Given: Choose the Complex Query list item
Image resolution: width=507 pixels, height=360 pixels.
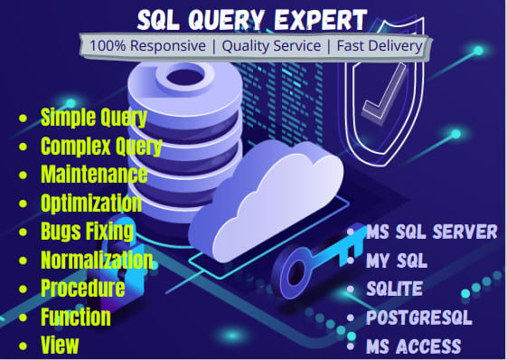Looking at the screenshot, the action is point(101,146).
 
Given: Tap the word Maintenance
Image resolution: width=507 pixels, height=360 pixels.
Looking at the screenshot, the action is point(94,174).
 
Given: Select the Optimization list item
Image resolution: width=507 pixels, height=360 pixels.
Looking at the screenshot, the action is point(91,203).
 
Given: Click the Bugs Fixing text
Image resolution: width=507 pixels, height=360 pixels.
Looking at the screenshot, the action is point(88,231).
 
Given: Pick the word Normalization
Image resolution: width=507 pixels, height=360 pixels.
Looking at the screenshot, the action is point(97,260).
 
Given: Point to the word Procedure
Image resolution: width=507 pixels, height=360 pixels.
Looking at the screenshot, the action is point(82,288).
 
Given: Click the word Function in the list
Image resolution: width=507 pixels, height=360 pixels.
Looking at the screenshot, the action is point(76,317).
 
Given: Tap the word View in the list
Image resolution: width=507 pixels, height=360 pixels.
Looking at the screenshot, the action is point(60,345).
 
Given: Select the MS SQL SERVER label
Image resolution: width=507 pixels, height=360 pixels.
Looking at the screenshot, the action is point(432,232).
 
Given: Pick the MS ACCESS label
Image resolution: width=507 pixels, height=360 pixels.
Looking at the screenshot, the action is point(414,346).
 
